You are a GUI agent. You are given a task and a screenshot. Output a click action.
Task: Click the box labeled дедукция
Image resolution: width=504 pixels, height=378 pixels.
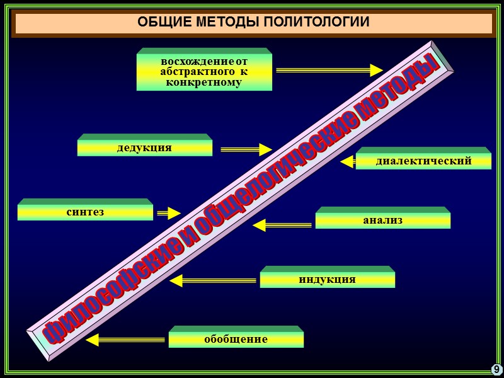pos(144,148)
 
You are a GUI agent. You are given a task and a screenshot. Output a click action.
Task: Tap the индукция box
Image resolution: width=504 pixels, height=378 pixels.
pos(327,279)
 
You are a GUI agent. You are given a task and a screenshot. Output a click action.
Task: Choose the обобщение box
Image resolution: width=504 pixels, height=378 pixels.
pos(236,340)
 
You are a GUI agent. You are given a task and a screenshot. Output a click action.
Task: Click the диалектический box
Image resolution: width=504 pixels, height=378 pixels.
pos(423,161)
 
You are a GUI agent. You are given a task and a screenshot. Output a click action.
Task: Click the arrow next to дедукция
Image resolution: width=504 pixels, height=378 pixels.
pos(246,150)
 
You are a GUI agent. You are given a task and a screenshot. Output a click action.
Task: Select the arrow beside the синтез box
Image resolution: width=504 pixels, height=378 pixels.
pos(168,213)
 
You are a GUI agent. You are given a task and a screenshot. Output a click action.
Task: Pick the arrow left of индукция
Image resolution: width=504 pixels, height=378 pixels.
pos(214,280)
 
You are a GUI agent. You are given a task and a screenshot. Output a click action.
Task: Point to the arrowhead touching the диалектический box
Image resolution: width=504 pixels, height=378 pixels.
pos(347,162)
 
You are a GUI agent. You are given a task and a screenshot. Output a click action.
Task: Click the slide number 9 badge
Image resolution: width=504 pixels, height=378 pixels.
pos(496,369)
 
